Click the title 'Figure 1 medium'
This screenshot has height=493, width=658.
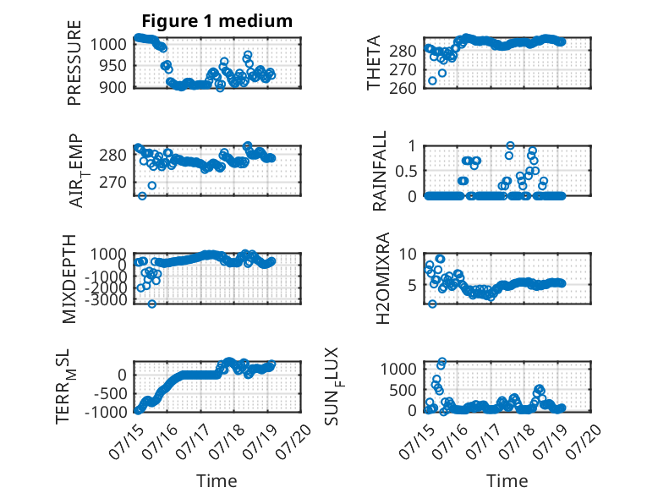(217, 21)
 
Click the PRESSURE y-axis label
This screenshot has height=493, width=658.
(74, 63)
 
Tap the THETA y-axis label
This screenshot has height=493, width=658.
(373, 63)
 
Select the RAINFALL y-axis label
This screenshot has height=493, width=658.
(379, 171)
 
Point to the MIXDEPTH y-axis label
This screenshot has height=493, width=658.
(69, 278)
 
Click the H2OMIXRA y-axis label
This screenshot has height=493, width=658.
(382, 278)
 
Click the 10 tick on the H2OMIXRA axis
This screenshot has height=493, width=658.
(407, 254)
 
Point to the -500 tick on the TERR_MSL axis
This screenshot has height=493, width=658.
(110, 393)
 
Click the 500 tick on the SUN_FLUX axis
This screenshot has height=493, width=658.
(403, 390)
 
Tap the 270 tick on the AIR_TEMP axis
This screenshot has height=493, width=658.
(112, 183)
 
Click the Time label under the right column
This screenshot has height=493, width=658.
(507, 481)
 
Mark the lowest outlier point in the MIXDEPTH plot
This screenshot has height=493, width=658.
(152, 304)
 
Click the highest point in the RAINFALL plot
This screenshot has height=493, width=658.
(510, 145)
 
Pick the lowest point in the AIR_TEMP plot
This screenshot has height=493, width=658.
(142, 196)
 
